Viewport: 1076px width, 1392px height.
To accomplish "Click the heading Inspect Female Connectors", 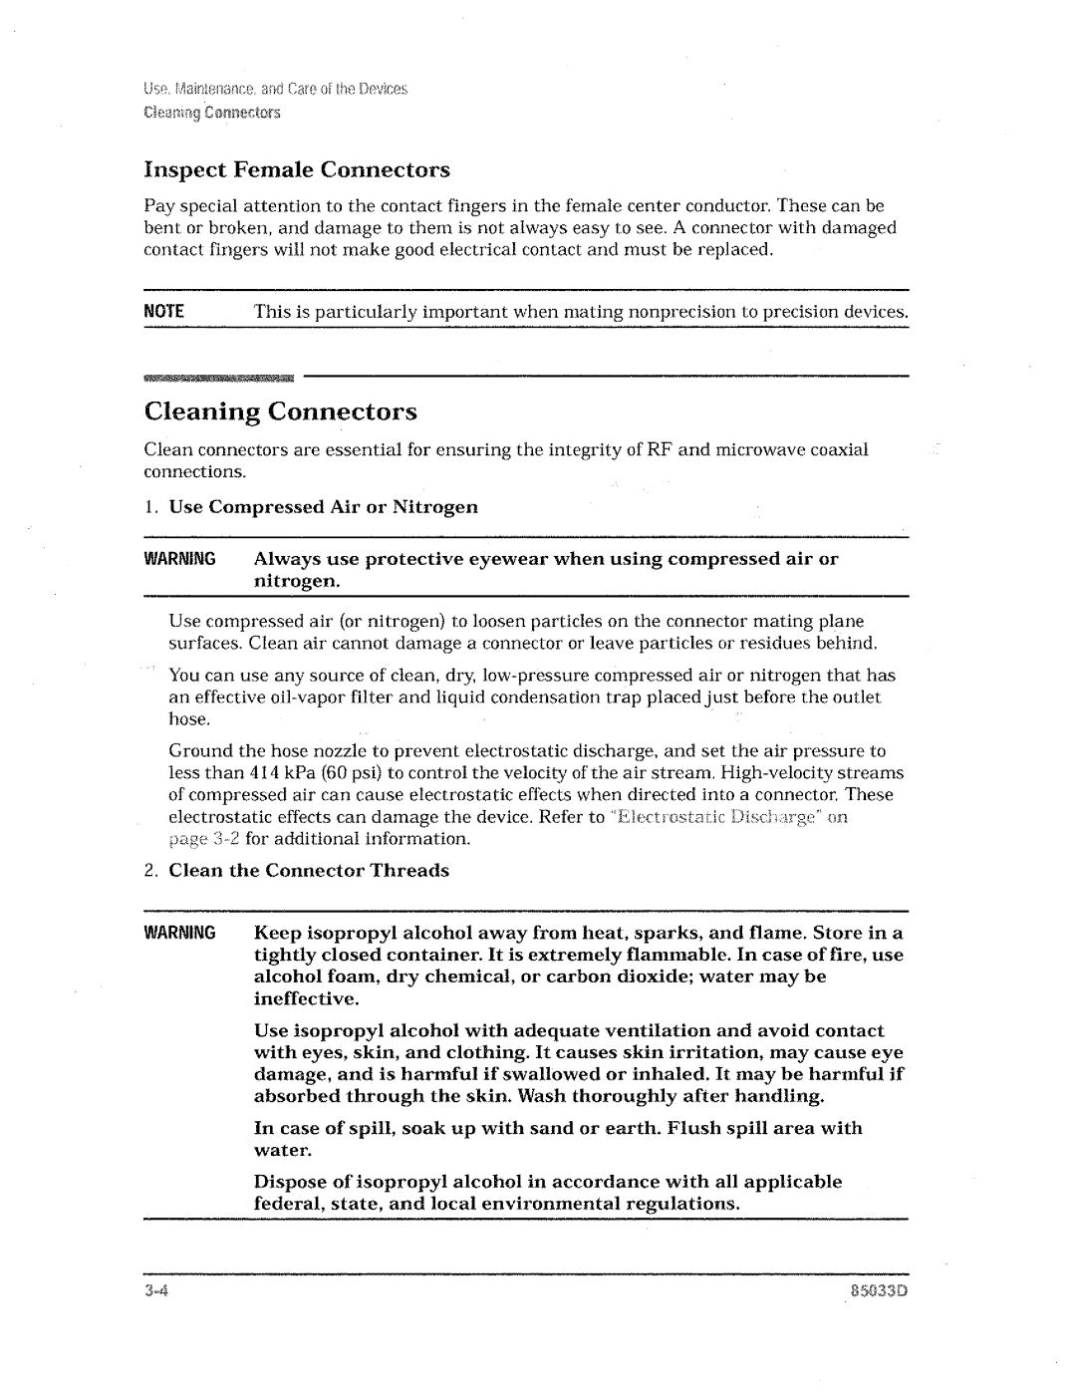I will pos(296,169).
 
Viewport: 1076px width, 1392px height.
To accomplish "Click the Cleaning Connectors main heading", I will pos(280,412).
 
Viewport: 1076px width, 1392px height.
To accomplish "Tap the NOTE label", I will pos(164,312).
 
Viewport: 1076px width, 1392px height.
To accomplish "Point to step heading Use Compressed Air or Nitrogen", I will pos(323,507).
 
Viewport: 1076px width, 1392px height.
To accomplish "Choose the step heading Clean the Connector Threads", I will pos(309,871).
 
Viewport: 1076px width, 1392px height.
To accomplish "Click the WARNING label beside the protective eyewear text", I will pos(179,559).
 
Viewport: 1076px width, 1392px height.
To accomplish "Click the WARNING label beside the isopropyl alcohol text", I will pos(179,934).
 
